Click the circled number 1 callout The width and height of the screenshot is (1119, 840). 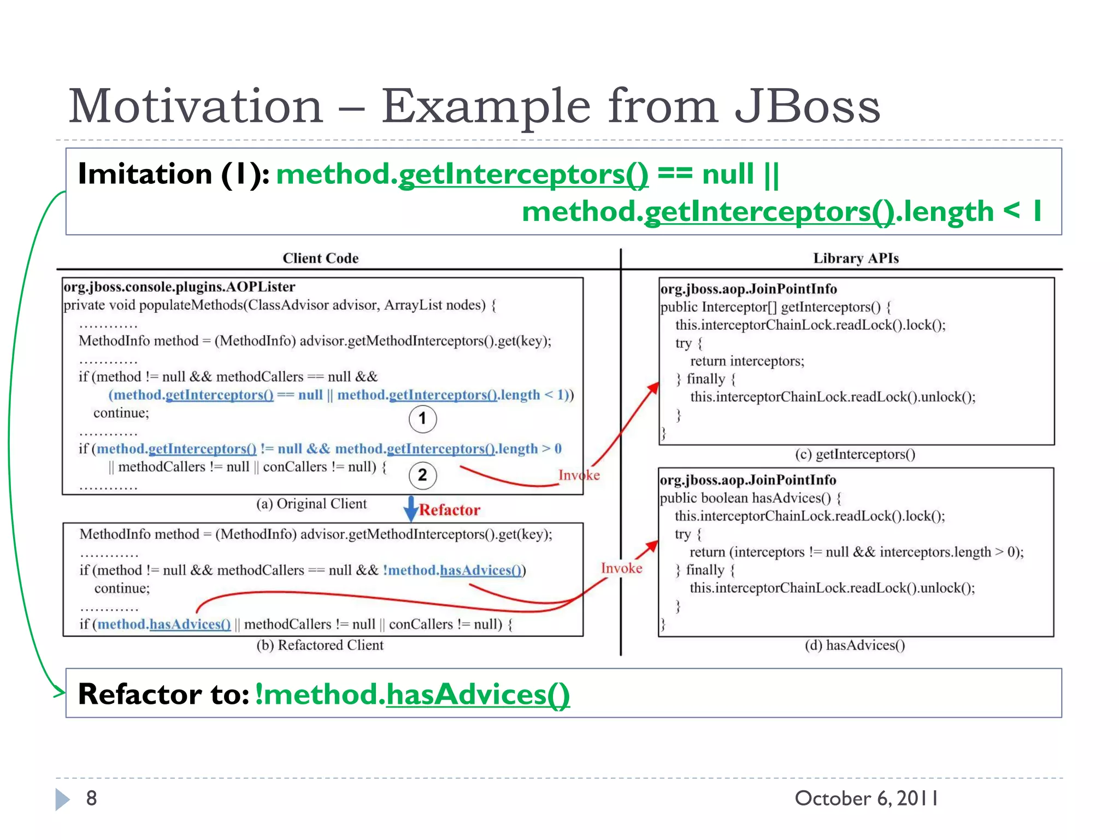(422, 419)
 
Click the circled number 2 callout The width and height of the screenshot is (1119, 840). (422, 475)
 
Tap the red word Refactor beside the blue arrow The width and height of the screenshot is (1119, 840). (449, 510)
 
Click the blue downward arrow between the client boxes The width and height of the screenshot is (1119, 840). (410, 509)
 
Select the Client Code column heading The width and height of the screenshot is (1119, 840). (320, 258)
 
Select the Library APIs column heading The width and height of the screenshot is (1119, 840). (855, 258)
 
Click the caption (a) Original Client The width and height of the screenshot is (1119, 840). (311, 504)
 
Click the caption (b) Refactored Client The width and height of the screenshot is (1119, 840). (320, 645)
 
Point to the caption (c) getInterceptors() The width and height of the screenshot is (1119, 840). (855, 454)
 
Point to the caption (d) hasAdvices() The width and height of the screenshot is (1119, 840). (855, 646)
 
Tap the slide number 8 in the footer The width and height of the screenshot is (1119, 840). (91, 798)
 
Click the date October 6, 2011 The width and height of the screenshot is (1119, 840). (866, 798)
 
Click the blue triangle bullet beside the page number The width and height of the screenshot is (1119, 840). (62, 799)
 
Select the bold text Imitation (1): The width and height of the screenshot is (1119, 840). (173, 174)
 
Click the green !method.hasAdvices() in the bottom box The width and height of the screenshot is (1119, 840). (412, 694)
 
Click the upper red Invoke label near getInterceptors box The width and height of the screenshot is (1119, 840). (579, 475)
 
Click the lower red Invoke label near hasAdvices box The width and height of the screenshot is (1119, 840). (621, 568)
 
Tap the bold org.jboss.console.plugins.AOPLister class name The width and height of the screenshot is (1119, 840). (179, 287)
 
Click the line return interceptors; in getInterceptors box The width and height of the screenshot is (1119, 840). (747, 361)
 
